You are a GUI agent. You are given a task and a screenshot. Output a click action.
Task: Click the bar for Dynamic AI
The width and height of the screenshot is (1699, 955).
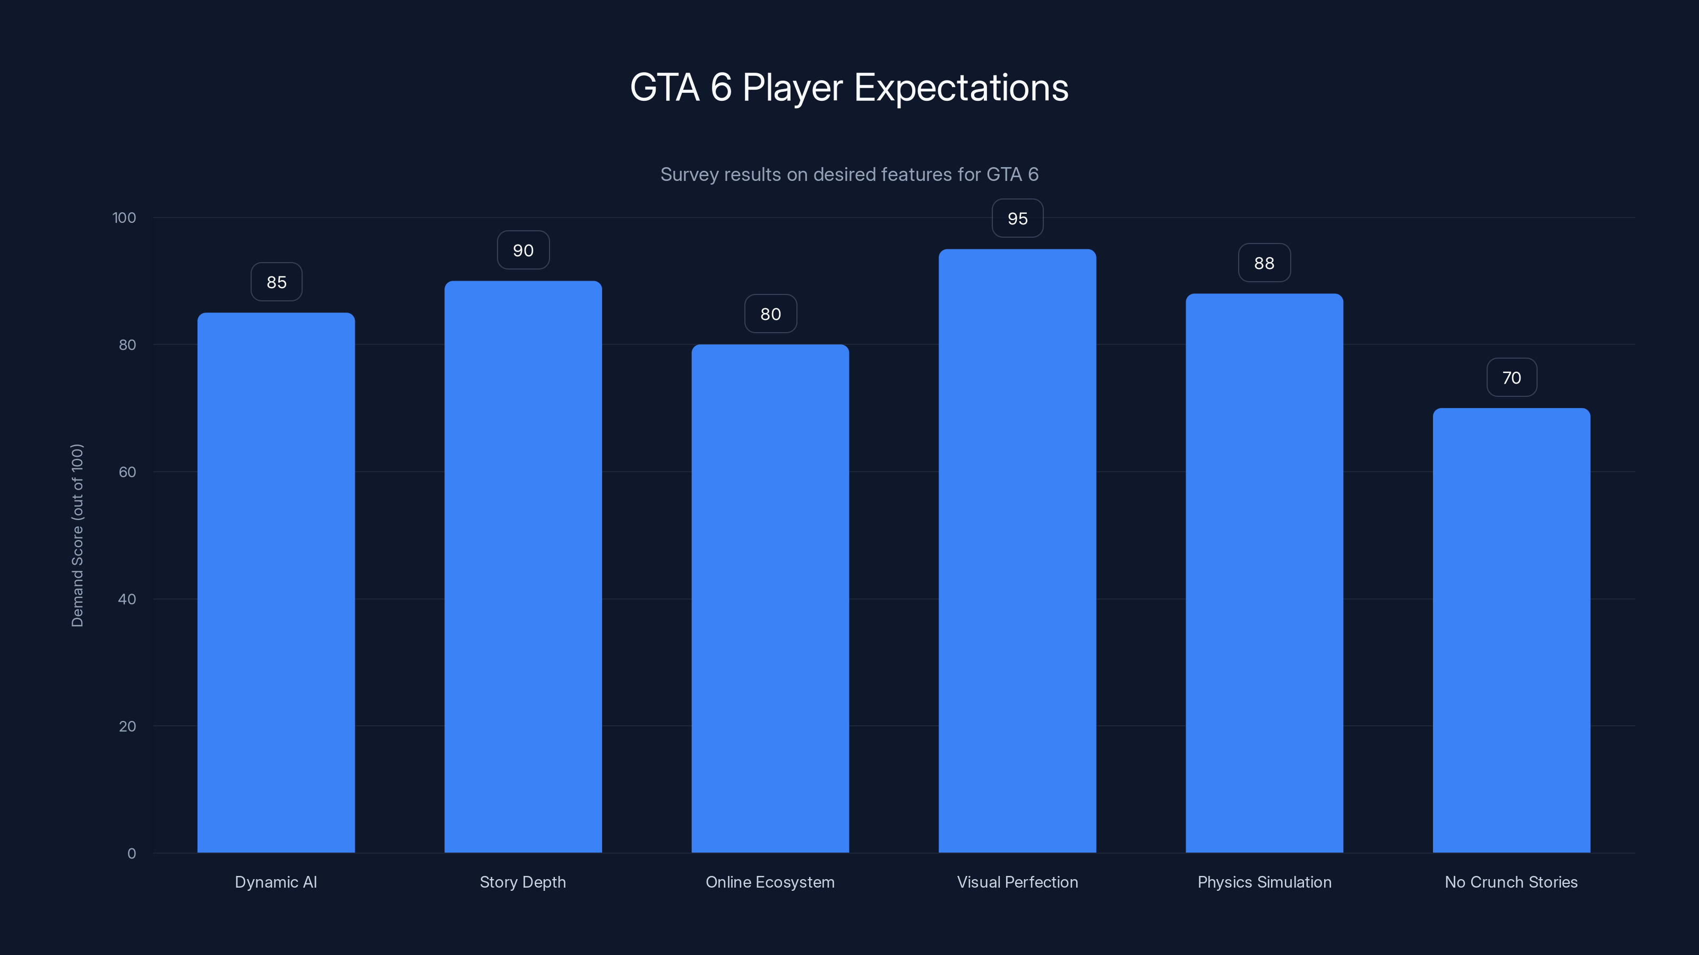276,583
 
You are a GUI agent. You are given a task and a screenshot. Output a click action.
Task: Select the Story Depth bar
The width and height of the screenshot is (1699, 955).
523,567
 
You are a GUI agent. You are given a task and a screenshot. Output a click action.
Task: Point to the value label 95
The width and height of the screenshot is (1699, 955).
1017,218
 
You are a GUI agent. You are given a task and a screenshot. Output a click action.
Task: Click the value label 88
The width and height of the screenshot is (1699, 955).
1264,263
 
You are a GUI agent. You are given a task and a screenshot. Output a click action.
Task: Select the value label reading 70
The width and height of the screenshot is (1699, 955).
1511,378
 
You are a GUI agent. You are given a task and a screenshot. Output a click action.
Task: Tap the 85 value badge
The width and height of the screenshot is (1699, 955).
276,282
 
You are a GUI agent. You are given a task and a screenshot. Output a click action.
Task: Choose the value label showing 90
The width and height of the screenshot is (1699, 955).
523,250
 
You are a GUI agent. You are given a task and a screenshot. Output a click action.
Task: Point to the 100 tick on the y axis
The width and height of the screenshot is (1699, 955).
124,218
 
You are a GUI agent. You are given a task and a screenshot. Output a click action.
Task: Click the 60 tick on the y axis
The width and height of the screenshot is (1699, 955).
127,472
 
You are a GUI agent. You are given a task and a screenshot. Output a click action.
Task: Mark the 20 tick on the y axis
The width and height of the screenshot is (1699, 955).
127,726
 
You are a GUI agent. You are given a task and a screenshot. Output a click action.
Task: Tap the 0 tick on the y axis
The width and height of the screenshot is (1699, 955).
131,854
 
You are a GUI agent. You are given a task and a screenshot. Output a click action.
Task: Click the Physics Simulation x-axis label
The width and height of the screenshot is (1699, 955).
1264,882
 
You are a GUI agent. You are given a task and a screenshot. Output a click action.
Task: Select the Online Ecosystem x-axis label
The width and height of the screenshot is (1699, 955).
770,882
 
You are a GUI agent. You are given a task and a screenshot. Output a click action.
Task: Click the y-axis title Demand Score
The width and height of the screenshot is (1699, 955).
77,535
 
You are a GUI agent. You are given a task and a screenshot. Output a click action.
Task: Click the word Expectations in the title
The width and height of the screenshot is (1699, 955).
961,88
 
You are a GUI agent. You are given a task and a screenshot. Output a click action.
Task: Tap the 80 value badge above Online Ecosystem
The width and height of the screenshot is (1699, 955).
770,314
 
